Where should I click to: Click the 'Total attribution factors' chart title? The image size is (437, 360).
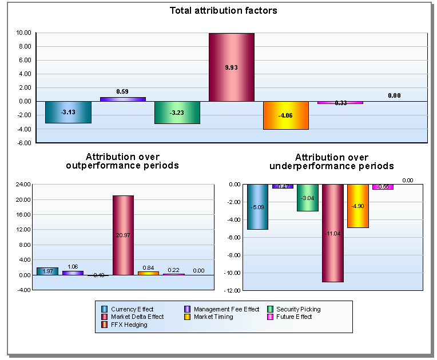tap(223, 10)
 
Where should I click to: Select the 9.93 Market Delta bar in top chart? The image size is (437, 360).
tap(231, 67)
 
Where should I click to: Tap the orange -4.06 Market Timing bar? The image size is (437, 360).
tap(286, 115)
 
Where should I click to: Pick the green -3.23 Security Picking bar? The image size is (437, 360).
tap(177, 113)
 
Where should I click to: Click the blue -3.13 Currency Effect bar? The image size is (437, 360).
tap(68, 112)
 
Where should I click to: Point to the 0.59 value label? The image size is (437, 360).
tap(122, 91)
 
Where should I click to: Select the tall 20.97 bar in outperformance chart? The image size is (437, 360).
tap(123, 235)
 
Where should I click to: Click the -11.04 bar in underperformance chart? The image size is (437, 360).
tap(333, 233)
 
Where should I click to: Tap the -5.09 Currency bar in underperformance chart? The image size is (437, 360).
tap(257, 207)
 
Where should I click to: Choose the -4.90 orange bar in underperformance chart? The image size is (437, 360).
tap(358, 206)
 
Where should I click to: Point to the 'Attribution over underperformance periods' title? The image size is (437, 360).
tap(331, 161)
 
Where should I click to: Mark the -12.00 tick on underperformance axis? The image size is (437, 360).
tap(232, 291)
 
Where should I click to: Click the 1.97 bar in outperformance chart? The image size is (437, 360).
tap(47, 271)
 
